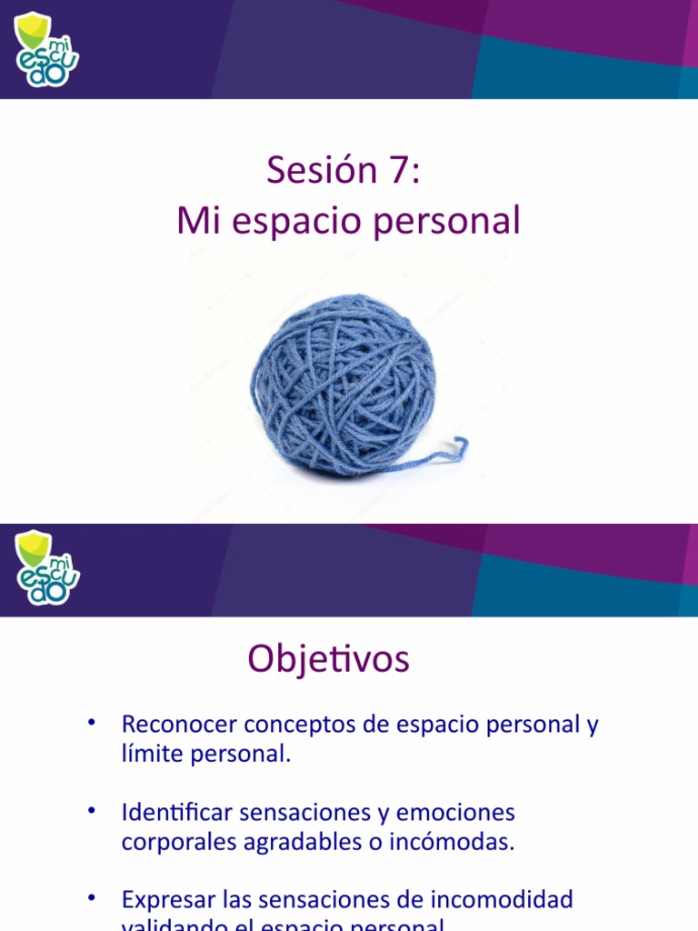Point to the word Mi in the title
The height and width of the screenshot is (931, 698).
click(194, 221)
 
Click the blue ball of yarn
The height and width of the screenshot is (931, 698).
click(343, 383)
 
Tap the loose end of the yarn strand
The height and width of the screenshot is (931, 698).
click(461, 445)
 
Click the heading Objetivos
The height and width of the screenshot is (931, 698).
click(328, 659)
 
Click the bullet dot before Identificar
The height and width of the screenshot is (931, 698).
click(92, 809)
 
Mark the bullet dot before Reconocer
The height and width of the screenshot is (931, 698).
click(92, 722)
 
